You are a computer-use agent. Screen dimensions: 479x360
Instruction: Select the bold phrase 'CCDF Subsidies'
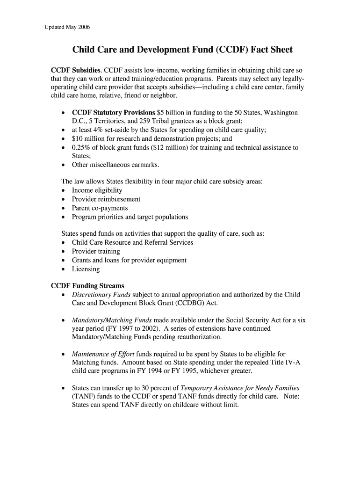[76, 70]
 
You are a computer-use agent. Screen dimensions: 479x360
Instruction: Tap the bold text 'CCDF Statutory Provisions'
[113, 113]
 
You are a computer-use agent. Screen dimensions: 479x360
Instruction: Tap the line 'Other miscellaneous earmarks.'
[115, 165]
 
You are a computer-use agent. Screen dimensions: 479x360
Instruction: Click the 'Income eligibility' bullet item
[97, 190]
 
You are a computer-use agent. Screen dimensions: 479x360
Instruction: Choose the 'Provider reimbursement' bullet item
[106, 199]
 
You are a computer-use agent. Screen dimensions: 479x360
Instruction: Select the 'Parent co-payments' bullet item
[100, 208]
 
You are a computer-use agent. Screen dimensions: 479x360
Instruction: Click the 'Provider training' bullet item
[96, 251]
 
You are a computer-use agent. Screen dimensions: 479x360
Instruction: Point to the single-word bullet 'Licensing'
[86, 269]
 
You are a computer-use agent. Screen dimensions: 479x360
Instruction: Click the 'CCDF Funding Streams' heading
[87, 286]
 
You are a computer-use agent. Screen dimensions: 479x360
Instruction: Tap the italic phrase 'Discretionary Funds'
[101, 295]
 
